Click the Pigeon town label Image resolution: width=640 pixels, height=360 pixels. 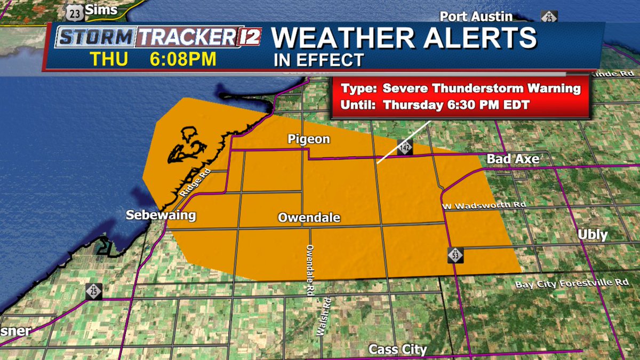click(x=309, y=140)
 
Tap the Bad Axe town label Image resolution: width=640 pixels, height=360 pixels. click(x=513, y=159)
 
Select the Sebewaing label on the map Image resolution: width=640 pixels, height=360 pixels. click(x=161, y=215)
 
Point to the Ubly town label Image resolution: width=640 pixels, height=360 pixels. click(x=593, y=235)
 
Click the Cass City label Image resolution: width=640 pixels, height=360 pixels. click(x=398, y=349)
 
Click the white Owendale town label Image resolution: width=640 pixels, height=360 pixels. click(x=309, y=218)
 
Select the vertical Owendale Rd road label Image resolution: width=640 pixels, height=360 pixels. click(x=309, y=270)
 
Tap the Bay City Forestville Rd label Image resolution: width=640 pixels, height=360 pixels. click(x=572, y=283)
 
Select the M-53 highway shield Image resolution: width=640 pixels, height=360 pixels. click(x=455, y=255)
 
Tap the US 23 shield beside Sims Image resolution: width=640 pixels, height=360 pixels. click(x=76, y=10)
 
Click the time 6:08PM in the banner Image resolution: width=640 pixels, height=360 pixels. click(x=183, y=59)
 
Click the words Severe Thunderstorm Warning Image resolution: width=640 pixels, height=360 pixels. click(x=482, y=89)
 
